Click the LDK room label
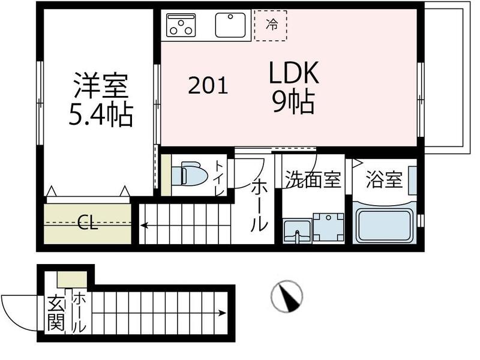coord(293,74)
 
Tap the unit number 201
coord(208,86)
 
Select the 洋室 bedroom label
coord(100,86)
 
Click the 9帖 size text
coord(293,104)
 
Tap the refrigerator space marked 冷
coord(271,25)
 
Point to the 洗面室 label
coord(312,179)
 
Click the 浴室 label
coord(383,180)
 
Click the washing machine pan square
coord(328,227)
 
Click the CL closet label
coord(88,226)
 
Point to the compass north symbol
coord(286,295)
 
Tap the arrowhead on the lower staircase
coord(223,313)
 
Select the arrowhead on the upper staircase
coord(145,226)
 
